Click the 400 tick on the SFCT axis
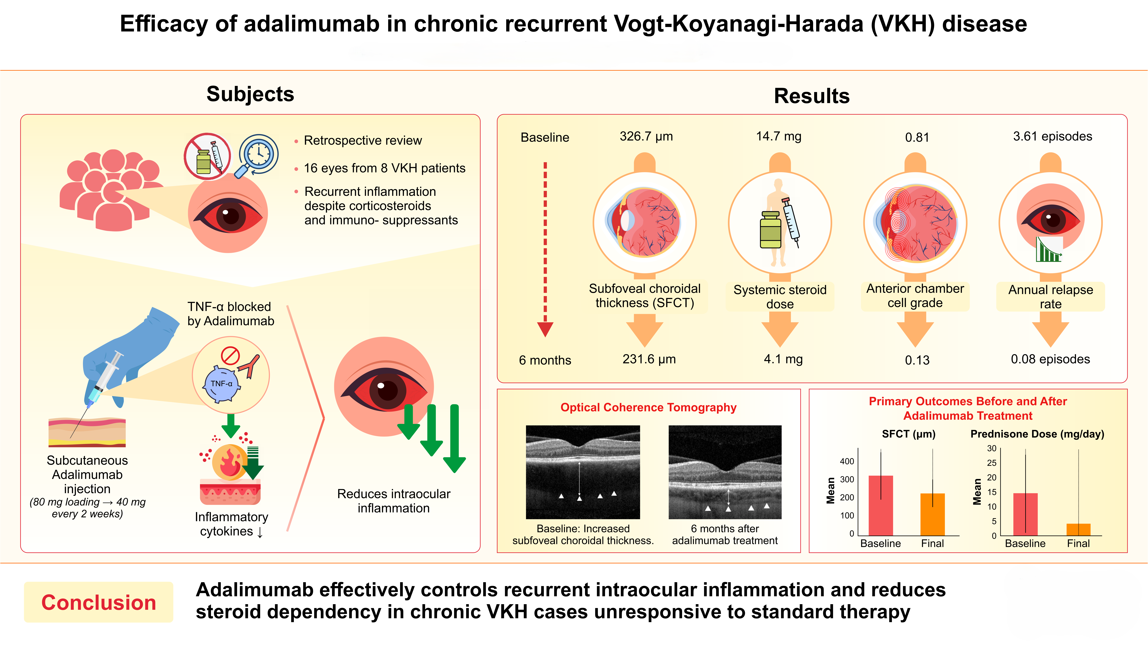click(x=847, y=461)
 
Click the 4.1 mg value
click(x=783, y=359)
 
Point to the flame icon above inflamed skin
click(x=229, y=462)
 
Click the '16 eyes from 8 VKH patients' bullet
click(x=384, y=168)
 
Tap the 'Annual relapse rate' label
click(x=1050, y=297)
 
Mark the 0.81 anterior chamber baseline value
click(x=917, y=137)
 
